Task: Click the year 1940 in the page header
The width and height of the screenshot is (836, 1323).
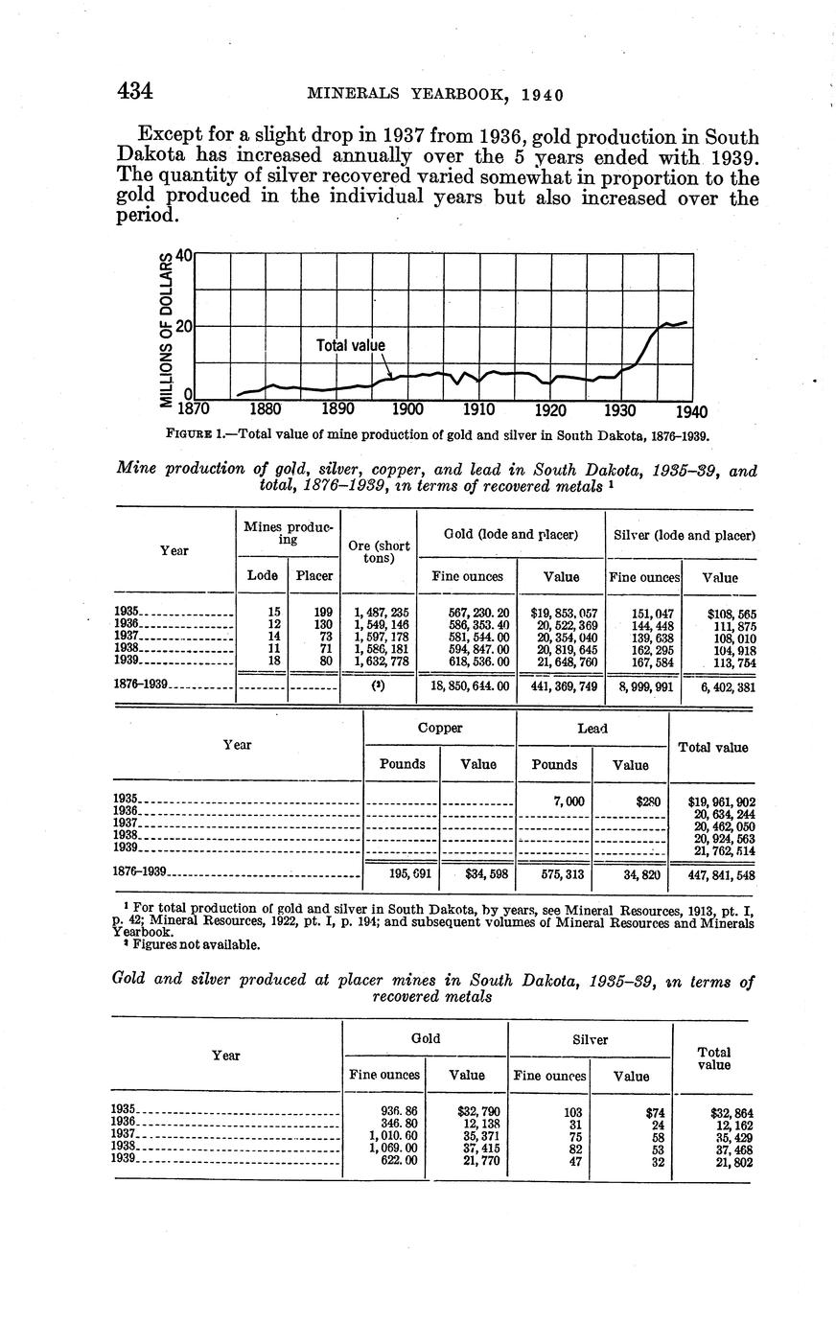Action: (x=541, y=95)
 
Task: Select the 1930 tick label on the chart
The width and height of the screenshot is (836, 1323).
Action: (x=620, y=410)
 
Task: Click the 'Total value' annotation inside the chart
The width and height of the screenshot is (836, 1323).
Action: (x=350, y=345)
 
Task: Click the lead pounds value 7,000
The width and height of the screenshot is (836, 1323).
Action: (x=556, y=800)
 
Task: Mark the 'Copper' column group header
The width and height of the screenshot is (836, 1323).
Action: (x=440, y=729)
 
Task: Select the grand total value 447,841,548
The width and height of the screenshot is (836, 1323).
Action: (x=722, y=874)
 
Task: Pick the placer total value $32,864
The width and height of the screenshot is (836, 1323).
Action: (x=732, y=1113)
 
